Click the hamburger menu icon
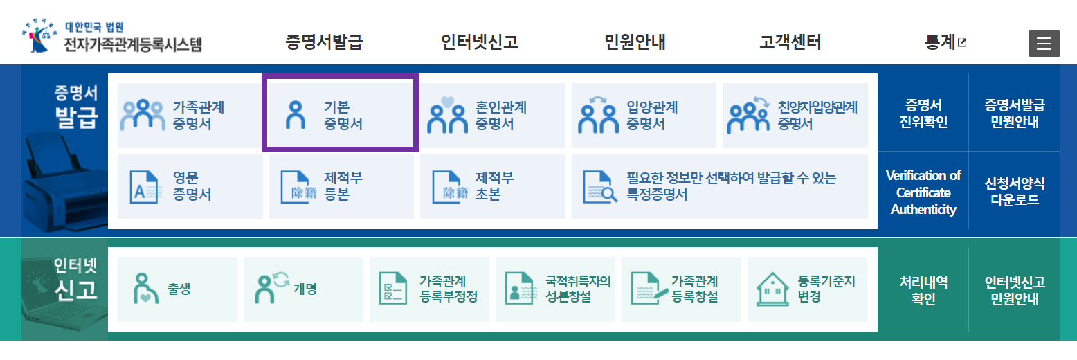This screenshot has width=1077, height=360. [x=1044, y=44]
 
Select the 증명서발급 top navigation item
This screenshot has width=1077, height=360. [x=324, y=42]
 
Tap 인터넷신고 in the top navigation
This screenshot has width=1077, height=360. [x=479, y=42]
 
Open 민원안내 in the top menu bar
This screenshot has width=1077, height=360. [x=635, y=42]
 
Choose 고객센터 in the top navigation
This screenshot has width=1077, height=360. [x=790, y=42]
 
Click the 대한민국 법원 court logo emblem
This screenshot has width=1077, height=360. [x=39, y=38]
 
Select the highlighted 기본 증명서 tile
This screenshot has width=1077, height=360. [x=340, y=115]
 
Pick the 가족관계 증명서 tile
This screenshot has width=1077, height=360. [x=189, y=116]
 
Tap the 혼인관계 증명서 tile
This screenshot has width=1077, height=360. [x=492, y=116]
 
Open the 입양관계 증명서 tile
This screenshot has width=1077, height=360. [x=643, y=116]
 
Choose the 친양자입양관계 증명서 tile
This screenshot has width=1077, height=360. [x=795, y=116]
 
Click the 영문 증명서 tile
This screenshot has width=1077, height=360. [x=189, y=186]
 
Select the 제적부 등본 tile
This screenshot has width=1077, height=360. [x=341, y=186]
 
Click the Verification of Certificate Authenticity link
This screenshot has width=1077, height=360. [x=923, y=192]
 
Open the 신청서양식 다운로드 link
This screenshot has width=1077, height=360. [x=1015, y=192]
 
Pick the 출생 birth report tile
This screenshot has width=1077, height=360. [x=177, y=289]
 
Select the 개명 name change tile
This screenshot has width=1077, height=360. [x=303, y=289]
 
